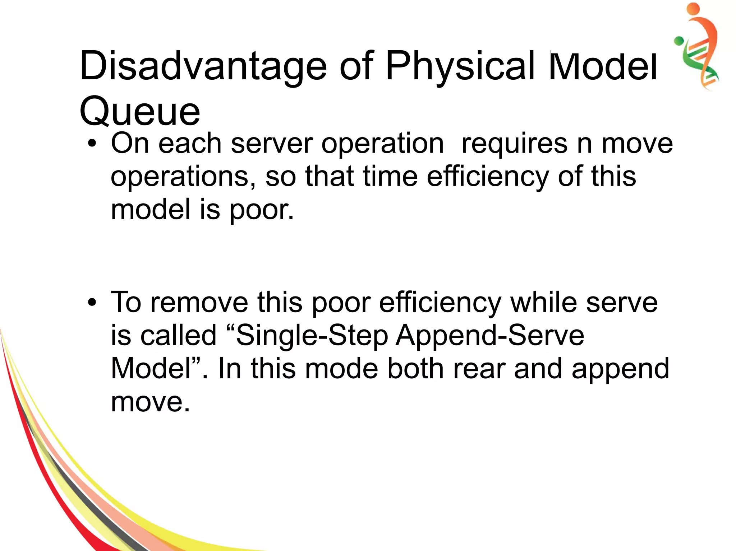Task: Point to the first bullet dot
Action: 92,144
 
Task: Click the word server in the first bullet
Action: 272,144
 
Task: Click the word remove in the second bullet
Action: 199,302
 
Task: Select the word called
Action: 179,335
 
